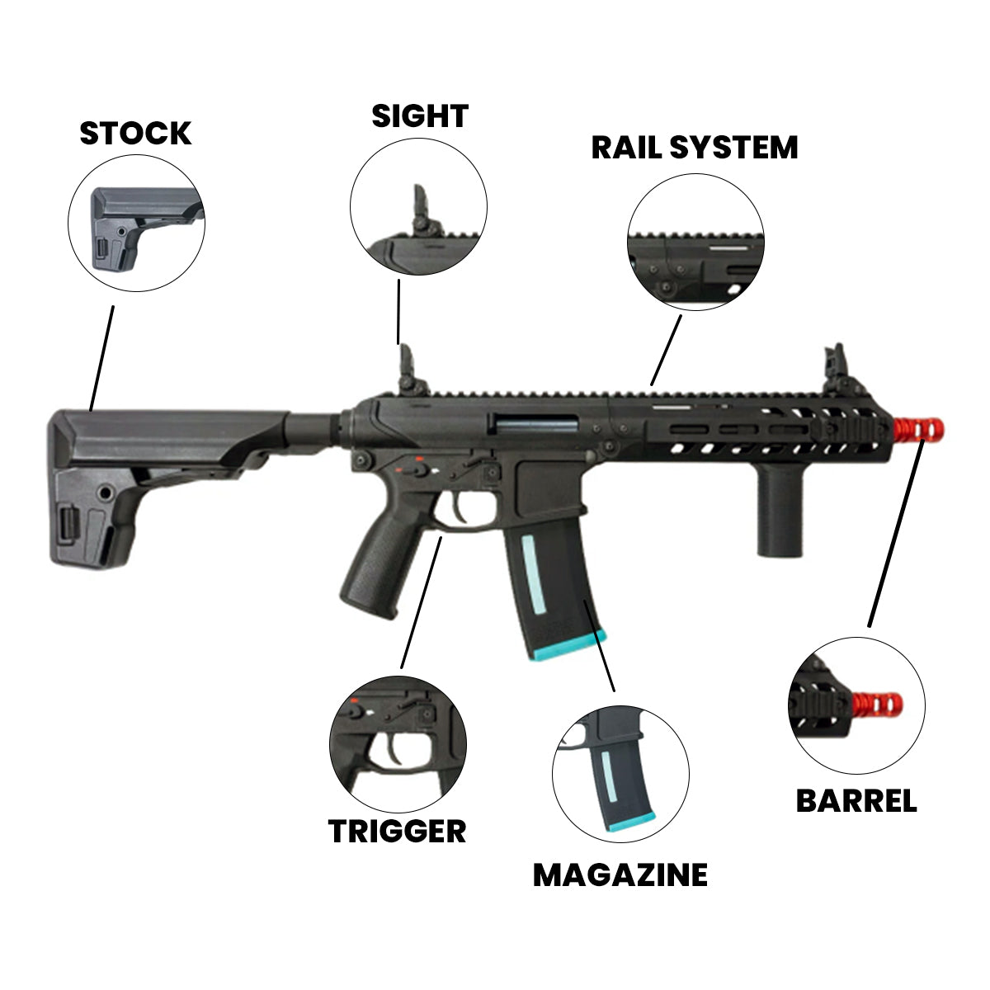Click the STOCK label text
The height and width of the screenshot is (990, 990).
point(135,133)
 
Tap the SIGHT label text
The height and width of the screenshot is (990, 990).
point(420,116)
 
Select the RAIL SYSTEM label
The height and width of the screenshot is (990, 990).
point(695,147)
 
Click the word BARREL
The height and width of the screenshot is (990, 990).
point(856,800)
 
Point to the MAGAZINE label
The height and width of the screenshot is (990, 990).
point(620,874)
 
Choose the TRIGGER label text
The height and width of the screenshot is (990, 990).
point(398,831)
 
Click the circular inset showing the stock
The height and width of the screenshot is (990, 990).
point(136,223)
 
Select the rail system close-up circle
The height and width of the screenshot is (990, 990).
point(695,242)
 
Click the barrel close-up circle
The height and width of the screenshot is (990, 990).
point(856,705)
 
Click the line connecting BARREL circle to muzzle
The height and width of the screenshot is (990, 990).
point(895,536)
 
